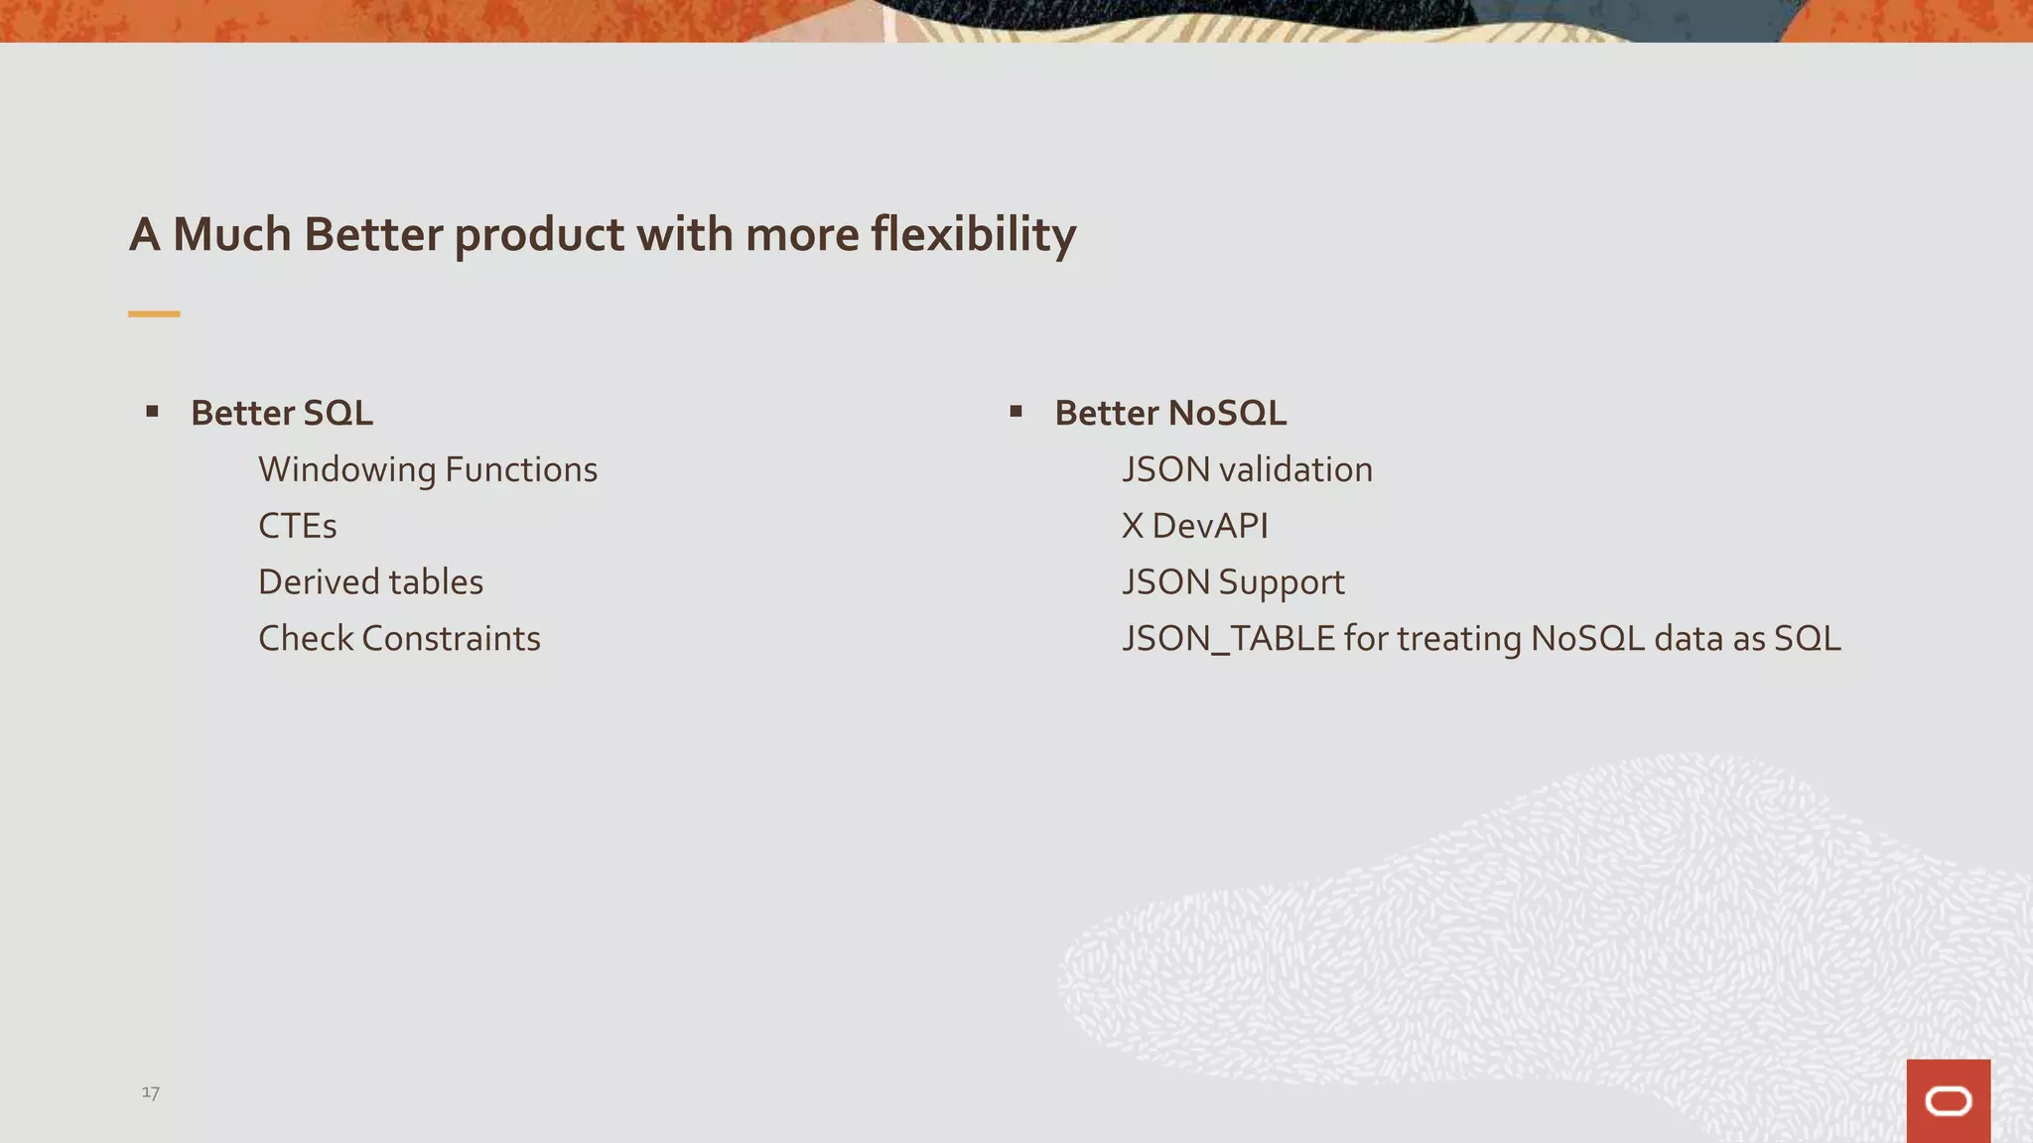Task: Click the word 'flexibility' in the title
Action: click(x=973, y=235)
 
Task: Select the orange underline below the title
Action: click(x=154, y=314)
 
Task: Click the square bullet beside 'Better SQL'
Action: click(x=152, y=411)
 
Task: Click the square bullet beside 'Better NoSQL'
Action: click(x=1016, y=411)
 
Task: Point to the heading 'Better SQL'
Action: click(x=282, y=413)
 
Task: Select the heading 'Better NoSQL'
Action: click(x=1170, y=413)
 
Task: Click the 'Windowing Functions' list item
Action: click(x=428, y=469)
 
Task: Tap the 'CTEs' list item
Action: click(x=297, y=526)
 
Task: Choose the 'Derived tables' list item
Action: click(x=370, y=582)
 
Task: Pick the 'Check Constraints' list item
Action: click(x=399, y=639)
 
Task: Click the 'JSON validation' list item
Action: click(x=1247, y=469)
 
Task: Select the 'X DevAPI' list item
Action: click(x=1194, y=526)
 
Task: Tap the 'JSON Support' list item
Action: click(x=1233, y=582)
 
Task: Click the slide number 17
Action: click(x=151, y=1092)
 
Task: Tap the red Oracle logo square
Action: click(x=1948, y=1100)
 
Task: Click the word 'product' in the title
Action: click(x=538, y=235)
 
